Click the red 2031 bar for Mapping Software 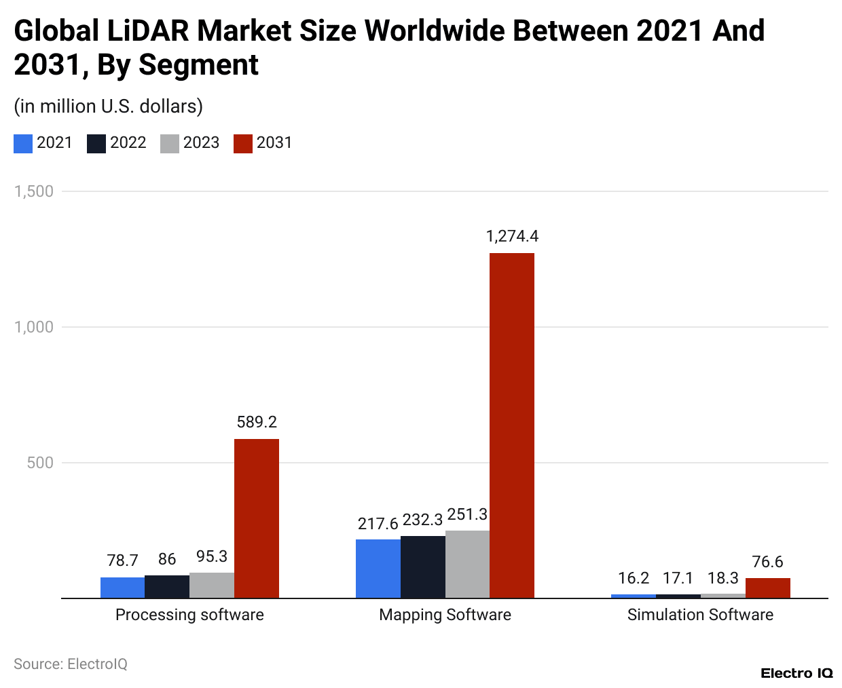(512, 425)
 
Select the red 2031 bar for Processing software (257, 518)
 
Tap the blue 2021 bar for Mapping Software (378, 569)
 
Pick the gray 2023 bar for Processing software (212, 586)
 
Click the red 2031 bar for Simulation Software (768, 588)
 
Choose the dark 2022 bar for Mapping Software (423, 567)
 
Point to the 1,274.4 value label (512, 236)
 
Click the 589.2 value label (257, 422)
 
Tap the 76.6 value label (767, 562)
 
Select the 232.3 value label (422, 520)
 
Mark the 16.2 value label (634, 578)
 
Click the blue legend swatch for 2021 (23, 143)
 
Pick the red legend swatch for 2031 (243, 143)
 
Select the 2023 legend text (201, 142)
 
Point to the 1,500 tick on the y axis (34, 191)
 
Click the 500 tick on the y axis (40, 463)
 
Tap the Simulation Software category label (700, 615)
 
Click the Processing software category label (189, 615)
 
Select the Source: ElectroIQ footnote (71, 664)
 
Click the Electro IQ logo (797, 673)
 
